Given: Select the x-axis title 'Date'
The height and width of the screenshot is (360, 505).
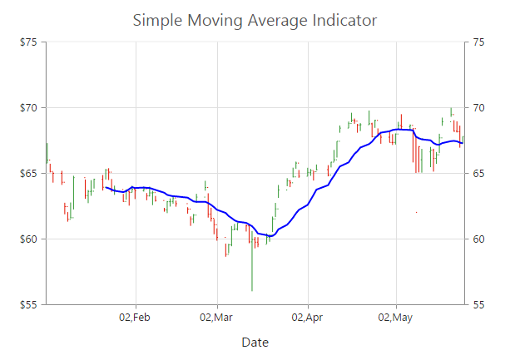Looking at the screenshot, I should [255, 342].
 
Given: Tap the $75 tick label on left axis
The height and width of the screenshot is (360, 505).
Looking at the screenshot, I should [33, 42].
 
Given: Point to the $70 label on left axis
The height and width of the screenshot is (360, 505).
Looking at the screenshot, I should [33, 107].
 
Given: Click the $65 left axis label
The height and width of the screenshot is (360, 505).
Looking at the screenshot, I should [33, 173].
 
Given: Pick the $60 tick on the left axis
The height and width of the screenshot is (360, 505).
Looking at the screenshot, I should [33, 239].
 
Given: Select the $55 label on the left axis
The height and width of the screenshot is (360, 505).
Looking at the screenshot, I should [33, 304].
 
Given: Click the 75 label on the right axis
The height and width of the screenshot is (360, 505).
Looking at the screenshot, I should [480, 42].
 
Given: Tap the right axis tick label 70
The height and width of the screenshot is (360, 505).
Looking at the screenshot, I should [480, 107].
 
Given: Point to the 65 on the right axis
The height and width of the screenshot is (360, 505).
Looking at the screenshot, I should [480, 173].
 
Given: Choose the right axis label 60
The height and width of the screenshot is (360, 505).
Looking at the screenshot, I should [480, 239].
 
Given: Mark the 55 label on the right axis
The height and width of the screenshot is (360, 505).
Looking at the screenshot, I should [480, 304].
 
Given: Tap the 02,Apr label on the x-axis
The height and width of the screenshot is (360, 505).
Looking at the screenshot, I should [307, 317].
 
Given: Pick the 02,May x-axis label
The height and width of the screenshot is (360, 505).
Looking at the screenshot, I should [395, 317].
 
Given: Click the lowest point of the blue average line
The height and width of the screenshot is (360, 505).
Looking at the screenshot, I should [270, 236].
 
